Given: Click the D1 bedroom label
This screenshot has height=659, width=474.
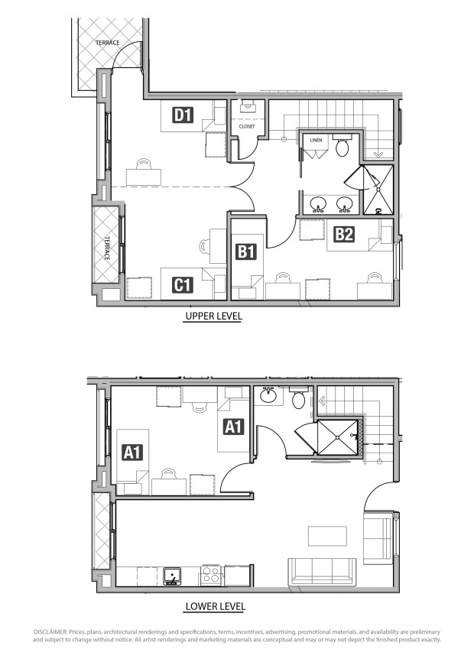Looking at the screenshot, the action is point(183,115).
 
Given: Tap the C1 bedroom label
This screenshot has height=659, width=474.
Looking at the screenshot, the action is point(183,285).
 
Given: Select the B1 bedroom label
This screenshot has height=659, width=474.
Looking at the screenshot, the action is point(246,252).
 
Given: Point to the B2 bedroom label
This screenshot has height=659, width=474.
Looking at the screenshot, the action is point(344,234).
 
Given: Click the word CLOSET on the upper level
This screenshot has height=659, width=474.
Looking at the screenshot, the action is point(247,126).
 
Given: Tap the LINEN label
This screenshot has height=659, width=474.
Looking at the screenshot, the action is point(316,140).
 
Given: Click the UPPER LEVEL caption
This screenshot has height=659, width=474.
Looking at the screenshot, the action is point(213,316).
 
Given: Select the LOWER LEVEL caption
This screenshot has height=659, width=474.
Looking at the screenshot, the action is point(215,606).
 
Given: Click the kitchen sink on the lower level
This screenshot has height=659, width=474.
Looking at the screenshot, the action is point(172,576).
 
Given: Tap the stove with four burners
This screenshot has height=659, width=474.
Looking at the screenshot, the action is point(210,576).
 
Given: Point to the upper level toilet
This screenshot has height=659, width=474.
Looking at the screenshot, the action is point(342,147).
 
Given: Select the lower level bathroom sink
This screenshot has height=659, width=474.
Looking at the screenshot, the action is point(266,395).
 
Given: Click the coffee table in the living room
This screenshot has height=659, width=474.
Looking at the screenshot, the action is point(327,536).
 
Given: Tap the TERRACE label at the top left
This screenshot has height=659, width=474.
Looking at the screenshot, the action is point(107,43).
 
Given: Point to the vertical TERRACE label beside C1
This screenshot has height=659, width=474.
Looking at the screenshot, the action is point(107,248).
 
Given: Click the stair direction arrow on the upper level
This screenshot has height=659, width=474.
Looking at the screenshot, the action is point(378,154).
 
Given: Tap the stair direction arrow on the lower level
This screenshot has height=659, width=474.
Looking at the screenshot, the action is point(323,401).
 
